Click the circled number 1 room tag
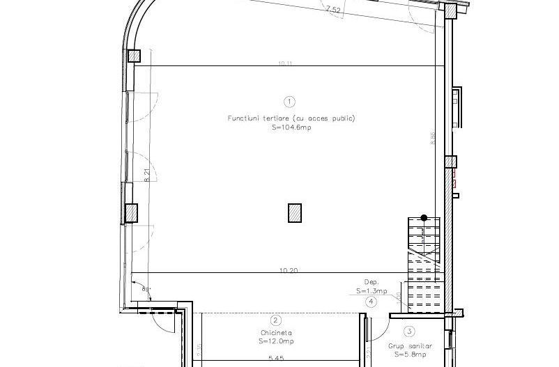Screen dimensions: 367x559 291,102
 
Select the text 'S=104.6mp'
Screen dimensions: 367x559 291,128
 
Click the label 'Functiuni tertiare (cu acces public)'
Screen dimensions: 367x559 291,118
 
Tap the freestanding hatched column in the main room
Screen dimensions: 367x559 295,212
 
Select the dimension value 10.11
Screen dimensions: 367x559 284,63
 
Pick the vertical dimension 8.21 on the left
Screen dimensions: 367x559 147,175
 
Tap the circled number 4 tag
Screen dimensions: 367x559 371,302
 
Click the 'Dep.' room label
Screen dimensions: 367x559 371,283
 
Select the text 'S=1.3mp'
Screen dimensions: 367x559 371,291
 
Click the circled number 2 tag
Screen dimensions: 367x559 276,321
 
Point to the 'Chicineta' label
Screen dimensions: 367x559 276,334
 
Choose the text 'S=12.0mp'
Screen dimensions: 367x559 276,342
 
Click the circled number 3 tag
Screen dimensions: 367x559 410,331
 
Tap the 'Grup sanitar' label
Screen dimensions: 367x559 410,346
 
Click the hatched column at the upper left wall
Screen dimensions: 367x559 134,56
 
